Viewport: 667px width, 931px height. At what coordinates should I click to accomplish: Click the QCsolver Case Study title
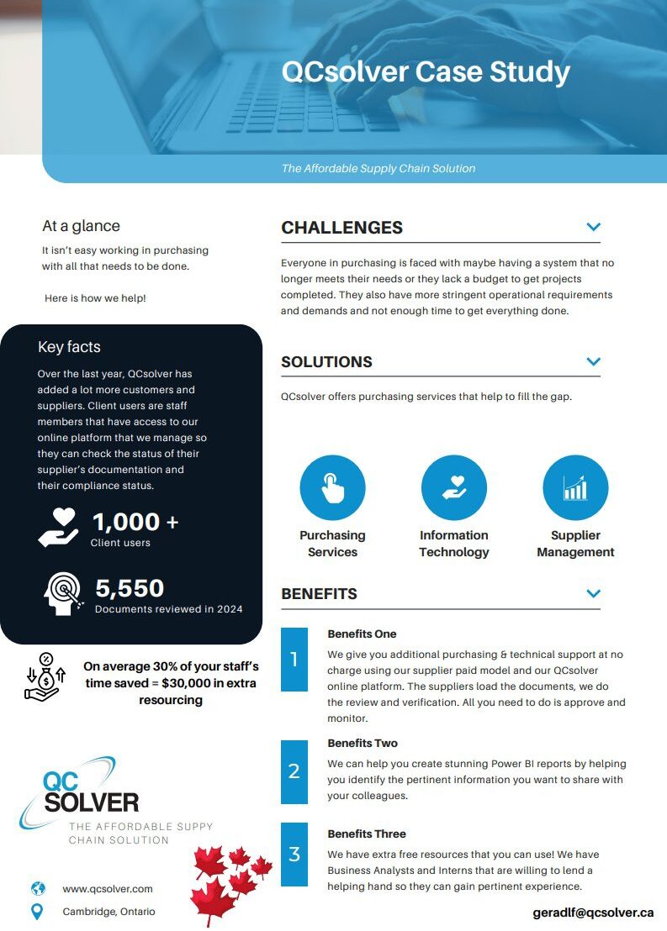coord(426,71)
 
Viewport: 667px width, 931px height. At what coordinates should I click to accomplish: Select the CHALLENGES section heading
coord(341,228)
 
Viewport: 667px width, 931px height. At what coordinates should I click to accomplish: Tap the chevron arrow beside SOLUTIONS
coord(593,361)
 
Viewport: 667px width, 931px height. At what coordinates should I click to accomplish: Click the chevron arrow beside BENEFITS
coord(593,593)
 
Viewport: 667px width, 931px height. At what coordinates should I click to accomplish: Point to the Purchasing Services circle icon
coord(332,488)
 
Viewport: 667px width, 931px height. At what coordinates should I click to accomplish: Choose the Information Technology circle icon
coord(454,488)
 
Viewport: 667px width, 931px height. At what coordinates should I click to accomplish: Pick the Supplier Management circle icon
coord(575,488)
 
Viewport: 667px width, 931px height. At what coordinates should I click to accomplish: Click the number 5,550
coord(130,588)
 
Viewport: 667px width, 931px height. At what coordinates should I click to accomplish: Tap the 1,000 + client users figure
coord(135,522)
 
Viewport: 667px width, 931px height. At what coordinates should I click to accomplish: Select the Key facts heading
coord(69,347)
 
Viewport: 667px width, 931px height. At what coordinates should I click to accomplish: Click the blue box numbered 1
coord(294,660)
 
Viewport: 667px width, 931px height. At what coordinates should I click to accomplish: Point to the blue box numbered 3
coord(294,855)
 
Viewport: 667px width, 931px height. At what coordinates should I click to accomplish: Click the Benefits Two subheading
coord(363,743)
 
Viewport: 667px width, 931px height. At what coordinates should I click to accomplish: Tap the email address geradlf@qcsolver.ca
coord(593,913)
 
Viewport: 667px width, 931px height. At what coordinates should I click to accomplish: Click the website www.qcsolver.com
coord(108,888)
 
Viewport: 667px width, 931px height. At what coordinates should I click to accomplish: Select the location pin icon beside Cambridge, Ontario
coord(37,911)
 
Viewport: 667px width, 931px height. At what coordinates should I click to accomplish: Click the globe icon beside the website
coord(38,888)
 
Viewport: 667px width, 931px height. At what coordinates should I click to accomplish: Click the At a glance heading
coord(81,226)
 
